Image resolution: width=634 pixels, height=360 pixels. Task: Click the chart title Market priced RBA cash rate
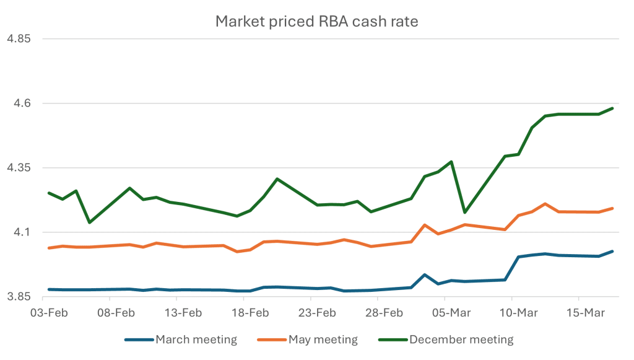(x=316, y=22)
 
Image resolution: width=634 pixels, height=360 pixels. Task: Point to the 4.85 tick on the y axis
(x=18, y=39)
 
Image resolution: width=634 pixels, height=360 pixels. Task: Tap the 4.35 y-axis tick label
(x=18, y=168)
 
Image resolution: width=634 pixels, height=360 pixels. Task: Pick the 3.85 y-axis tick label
(x=18, y=297)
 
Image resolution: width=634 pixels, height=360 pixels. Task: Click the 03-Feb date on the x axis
(x=49, y=313)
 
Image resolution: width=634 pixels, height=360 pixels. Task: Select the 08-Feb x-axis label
(x=116, y=313)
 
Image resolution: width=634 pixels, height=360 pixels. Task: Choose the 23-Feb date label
(x=317, y=313)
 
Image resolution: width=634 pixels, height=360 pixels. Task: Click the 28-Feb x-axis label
(x=384, y=313)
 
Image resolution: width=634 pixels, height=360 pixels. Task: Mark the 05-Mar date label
(x=451, y=313)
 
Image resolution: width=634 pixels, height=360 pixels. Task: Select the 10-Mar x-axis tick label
(x=518, y=313)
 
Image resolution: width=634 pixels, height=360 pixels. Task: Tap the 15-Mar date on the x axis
(x=585, y=313)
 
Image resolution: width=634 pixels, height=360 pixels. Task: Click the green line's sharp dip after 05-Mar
(x=464, y=212)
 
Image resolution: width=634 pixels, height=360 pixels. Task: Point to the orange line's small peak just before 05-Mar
(x=424, y=225)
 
